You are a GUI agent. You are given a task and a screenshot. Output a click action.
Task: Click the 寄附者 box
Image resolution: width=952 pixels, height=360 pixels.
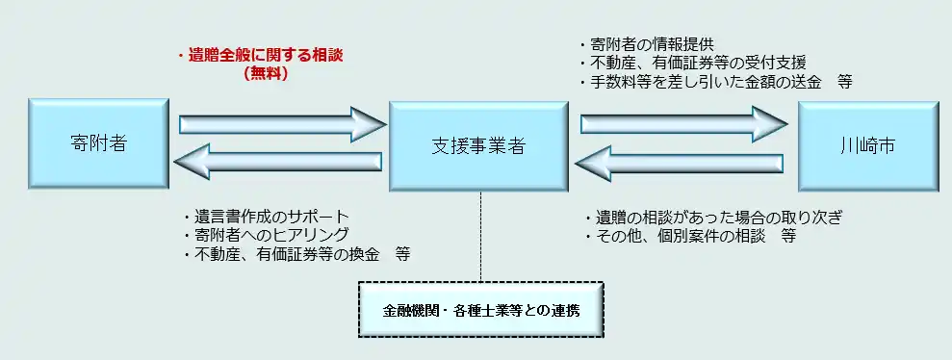[x=99, y=145]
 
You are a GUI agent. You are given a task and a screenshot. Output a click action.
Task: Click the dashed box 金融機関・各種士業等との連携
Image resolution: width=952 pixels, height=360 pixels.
[x=480, y=310]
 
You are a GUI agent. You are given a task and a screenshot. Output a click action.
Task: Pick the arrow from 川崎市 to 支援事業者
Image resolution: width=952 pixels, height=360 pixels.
[x=683, y=161]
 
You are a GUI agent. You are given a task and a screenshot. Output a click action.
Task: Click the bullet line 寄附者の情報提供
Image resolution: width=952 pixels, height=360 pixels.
[x=645, y=44]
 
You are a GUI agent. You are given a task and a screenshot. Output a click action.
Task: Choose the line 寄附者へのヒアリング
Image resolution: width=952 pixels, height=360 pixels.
[x=264, y=235]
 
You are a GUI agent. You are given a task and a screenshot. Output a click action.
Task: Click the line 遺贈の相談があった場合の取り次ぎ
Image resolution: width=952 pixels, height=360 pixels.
[x=712, y=217]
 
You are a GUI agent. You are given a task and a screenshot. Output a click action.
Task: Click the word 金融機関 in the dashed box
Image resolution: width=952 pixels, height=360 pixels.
[x=410, y=311]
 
